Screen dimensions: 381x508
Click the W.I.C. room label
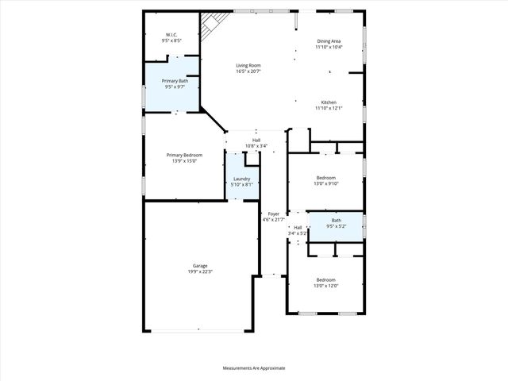coord(171,34)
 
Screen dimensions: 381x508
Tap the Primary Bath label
coord(175,81)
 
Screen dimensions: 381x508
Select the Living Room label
coord(248,66)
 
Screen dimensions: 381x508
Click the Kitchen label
coord(328,102)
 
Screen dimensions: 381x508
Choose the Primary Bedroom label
coord(184,155)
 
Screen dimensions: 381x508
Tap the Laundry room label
coord(242,179)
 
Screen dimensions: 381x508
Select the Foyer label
coord(273,214)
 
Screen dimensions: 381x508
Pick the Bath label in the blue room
coord(336,221)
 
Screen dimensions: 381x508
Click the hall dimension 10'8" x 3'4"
coord(256,146)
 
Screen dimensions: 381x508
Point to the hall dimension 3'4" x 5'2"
coord(297,233)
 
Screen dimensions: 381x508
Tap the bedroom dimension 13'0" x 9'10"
coord(326,183)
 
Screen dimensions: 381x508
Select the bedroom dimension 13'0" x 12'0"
coord(326,286)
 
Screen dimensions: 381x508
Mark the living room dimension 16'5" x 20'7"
coord(248,71)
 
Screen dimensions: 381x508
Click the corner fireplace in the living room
coord(210,25)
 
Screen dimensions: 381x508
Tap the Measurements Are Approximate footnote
coord(253,368)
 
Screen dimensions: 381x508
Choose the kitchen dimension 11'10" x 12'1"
coord(328,108)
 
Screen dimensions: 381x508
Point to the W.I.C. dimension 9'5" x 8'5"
coord(171,40)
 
